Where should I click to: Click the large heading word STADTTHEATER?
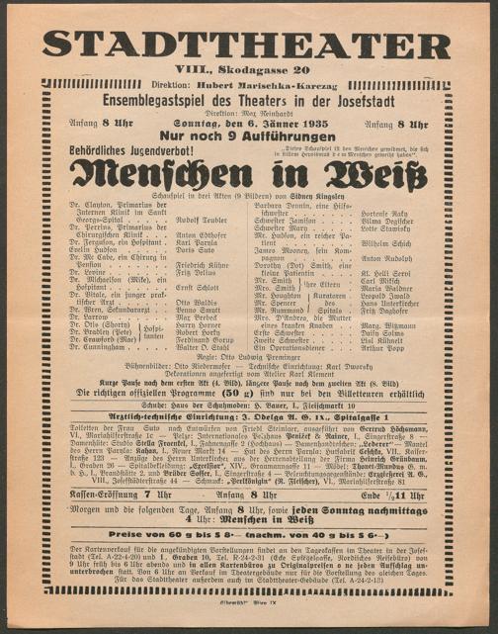[248, 44]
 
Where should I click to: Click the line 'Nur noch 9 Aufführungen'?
[247, 136]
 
